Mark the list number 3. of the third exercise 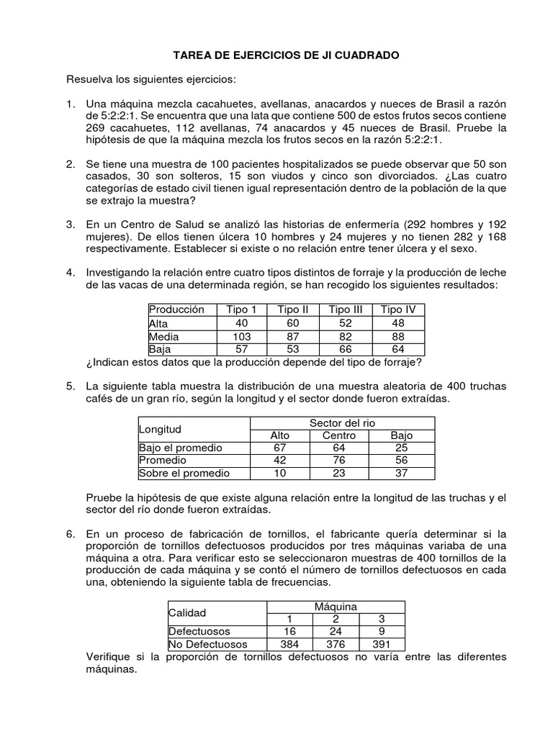[x=71, y=225]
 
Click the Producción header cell [x=176, y=309]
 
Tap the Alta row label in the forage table [x=158, y=323]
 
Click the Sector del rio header [x=342, y=422]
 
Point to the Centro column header [x=339, y=435]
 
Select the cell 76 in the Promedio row [x=339, y=461]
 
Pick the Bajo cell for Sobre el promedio [x=402, y=474]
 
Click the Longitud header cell [x=160, y=429]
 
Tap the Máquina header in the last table [x=336, y=607]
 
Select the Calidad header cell [x=187, y=613]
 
